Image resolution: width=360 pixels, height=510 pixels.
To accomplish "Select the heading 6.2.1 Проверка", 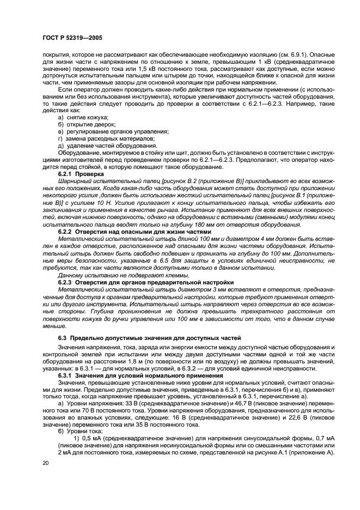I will (x=80, y=173).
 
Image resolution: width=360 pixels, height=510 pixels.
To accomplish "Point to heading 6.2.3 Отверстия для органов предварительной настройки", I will (x=145, y=283).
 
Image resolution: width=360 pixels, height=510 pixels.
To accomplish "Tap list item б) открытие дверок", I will (x=86, y=124).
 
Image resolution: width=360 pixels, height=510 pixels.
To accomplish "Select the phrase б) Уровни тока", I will (x=81, y=430).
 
